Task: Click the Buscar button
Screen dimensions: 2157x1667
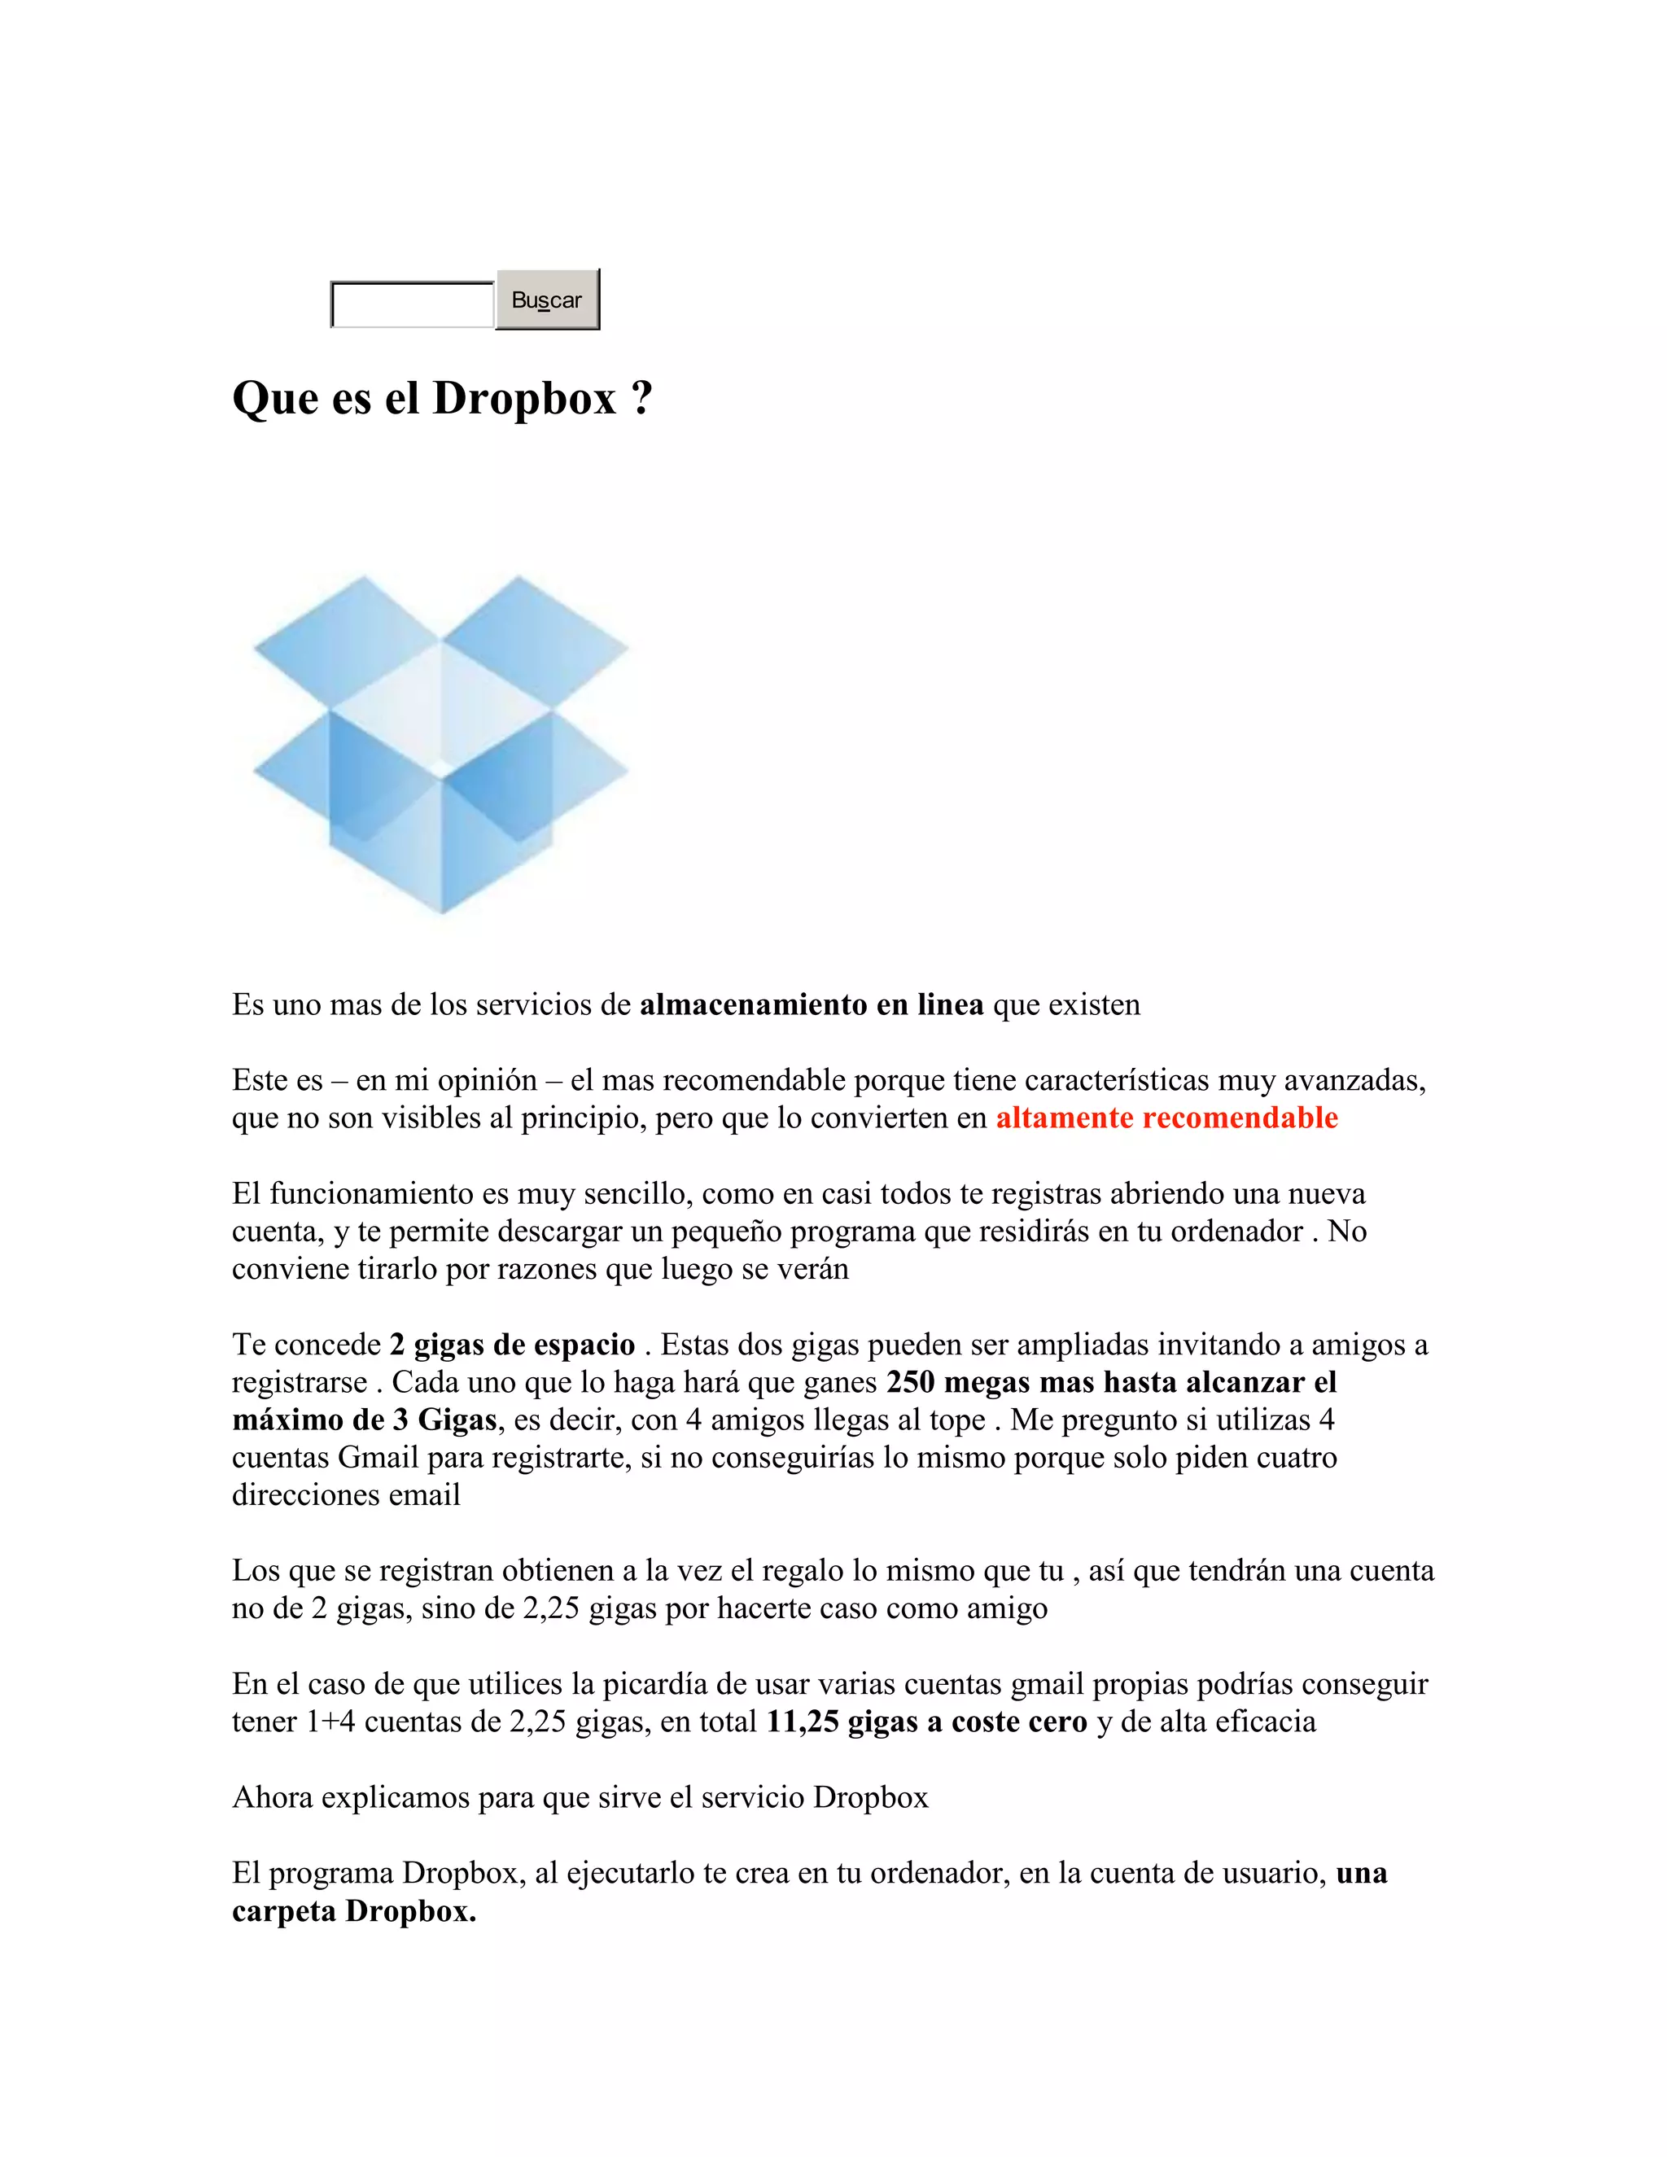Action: tap(547, 300)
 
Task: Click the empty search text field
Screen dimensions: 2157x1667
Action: tap(412, 304)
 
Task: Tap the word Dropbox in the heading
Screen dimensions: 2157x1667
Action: tap(524, 399)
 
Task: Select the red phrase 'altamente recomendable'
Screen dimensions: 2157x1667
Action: tap(1166, 1118)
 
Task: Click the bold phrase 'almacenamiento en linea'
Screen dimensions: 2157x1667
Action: tap(811, 1005)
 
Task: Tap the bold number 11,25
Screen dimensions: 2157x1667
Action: tap(803, 1722)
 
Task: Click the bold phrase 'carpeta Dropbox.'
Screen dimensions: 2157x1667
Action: tap(353, 1911)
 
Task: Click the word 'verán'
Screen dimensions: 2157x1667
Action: tap(815, 1269)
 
